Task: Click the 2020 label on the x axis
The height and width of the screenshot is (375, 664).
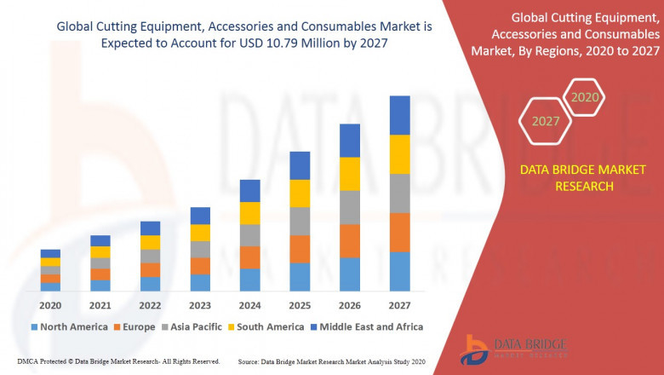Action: pyautogui.click(x=50, y=305)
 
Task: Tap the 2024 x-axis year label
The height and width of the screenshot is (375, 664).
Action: pyautogui.click(x=249, y=305)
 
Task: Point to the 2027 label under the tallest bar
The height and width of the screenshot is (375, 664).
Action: pyautogui.click(x=399, y=305)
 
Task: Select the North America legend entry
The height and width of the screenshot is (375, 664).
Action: pyautogui.click(x=69, y=326)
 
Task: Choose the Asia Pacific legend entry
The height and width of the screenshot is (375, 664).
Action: pyautogui.click(x=192, y=326)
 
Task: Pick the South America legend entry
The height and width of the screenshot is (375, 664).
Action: pyautogui.click(x=266, y=326)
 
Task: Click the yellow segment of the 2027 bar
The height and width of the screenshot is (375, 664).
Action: pyautogui.click(x=399, y=154)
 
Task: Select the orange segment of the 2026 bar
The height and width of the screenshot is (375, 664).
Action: pyautogui.click(x=350, y=241)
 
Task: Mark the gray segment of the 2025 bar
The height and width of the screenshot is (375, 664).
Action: pyautogui.click(x=300, y=221)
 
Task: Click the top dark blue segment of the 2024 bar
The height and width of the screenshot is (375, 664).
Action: pyautogui.click(x=249, y=190)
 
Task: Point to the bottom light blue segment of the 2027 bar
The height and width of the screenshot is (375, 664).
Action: pyautogui.click(x=399, y=271)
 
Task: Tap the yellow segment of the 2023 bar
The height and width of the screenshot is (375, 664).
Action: pyautogui.click(x=200, y=233)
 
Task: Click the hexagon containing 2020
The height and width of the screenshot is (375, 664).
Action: pyautogui.click(x=585, y=98)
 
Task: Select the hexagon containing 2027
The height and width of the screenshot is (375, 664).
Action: pyautogui.click(x=546, y=121)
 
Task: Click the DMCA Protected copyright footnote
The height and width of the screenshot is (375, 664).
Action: pyautogui.click(x=117, y=361)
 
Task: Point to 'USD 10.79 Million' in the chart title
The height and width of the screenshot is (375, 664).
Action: pyautogui.click(x=264, y=43)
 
